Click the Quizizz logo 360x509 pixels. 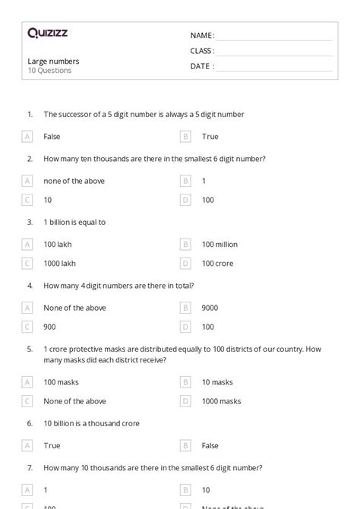coord(47,33)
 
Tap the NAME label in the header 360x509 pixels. coord(201,35)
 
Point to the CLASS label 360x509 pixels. coord(202,51)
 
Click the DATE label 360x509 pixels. coord(201,66)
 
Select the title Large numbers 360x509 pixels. coord(53,61)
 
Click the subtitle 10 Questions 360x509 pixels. coord(49,71)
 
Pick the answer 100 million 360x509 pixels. coord(219,245)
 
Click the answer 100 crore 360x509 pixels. coord(217,264)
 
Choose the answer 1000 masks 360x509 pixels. coord(221,401)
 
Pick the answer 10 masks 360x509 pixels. coord(217,382)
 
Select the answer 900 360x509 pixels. coord(50,327)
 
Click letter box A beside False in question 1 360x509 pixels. coord(27,137)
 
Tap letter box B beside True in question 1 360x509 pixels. coord(185,137)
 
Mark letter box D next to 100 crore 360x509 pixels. coord(185,264)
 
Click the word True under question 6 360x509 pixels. coord(52,446)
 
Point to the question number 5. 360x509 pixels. coord(30,349)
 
